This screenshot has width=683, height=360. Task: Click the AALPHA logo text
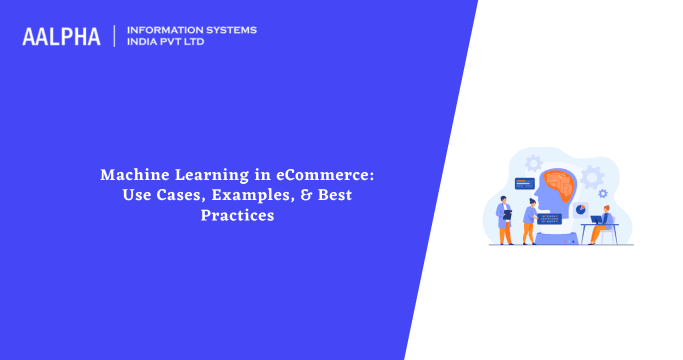[x=61, y=37]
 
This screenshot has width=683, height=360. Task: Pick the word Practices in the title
[x=237, y=214]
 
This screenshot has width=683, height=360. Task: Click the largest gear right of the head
[x=592, y=179]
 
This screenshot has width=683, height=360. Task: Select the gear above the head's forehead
[x=533, y=162]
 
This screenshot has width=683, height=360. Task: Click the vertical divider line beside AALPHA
[x=115, y=37]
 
